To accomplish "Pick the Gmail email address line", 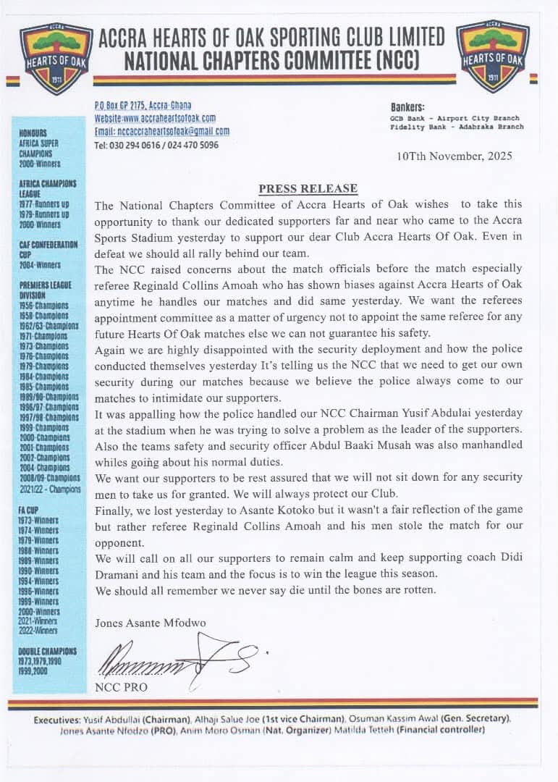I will click(162, 131).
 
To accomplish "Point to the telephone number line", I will click(156, 145).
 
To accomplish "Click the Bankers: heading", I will click(408, 106).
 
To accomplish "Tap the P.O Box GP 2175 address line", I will click(143, 106).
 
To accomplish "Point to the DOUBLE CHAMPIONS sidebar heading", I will click(47, 651).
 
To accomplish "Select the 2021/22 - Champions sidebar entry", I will click(50, 489).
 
